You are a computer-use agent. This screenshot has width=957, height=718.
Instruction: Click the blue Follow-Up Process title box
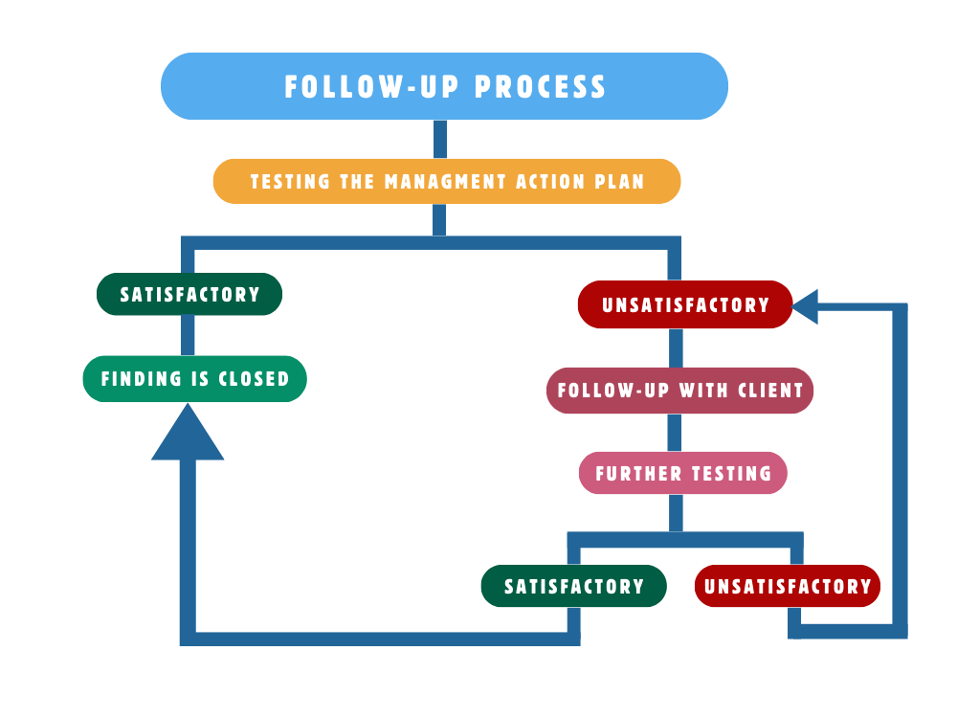coord(444,86)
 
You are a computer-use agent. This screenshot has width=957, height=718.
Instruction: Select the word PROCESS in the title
coord(541,87)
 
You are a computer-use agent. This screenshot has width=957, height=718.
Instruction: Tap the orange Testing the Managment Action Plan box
coord(446,181)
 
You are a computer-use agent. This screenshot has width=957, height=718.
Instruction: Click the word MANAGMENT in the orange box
coord(444,181)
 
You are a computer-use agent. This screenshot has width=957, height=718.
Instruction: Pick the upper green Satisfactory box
coord(189,294)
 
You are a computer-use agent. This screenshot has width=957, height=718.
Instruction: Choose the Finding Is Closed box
coord(195,379)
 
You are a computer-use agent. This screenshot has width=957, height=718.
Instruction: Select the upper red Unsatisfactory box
coord(685,305)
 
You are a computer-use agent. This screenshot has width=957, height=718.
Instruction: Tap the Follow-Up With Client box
coord(679,391)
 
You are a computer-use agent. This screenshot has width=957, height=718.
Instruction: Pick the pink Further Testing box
coord(683,473)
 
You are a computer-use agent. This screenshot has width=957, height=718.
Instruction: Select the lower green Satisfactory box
coord(574,586)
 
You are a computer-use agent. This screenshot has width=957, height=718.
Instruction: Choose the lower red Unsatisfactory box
coord(788,586)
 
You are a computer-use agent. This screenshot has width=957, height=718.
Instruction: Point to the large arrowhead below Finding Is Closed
coord(188,436)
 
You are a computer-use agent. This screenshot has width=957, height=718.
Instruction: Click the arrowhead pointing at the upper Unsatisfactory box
coord(806,307)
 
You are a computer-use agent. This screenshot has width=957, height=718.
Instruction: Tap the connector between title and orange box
coord(440,140)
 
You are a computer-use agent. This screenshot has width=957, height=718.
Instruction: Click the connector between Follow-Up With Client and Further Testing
coord(675,433)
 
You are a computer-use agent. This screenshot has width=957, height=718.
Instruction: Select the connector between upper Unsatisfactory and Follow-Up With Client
coord(675,348)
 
